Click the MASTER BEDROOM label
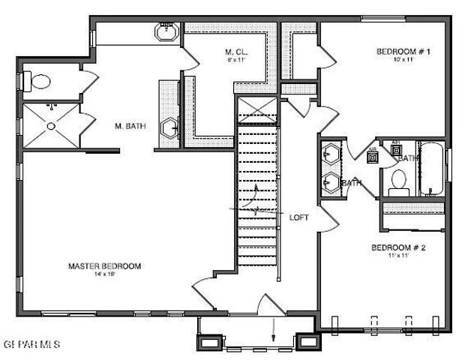tap(105, 265)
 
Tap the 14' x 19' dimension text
tap(105, 274)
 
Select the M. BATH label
tap(129, 125)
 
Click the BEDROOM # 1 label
tap(403, 52)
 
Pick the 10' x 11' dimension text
tap(403, 60)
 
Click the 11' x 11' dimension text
tap(398, 256)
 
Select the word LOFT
tap(299, 217)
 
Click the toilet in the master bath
tap(37, 81)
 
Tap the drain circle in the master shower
tap(51, 126)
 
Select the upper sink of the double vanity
tap(330, 156)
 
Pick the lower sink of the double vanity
tap(330, 181)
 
